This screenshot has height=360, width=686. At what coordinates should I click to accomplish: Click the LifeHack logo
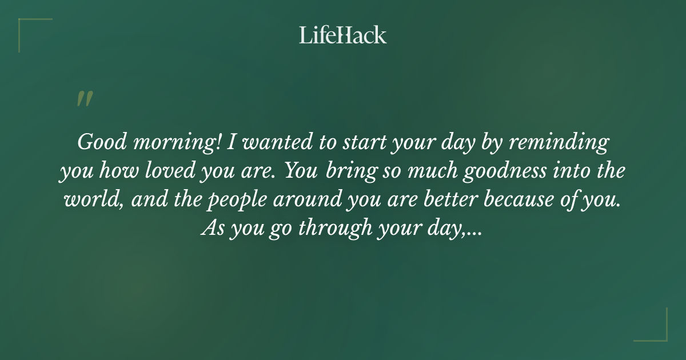click(x=342, y=35)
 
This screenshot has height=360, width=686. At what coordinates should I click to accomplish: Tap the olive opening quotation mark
click(x=84, y=99)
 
